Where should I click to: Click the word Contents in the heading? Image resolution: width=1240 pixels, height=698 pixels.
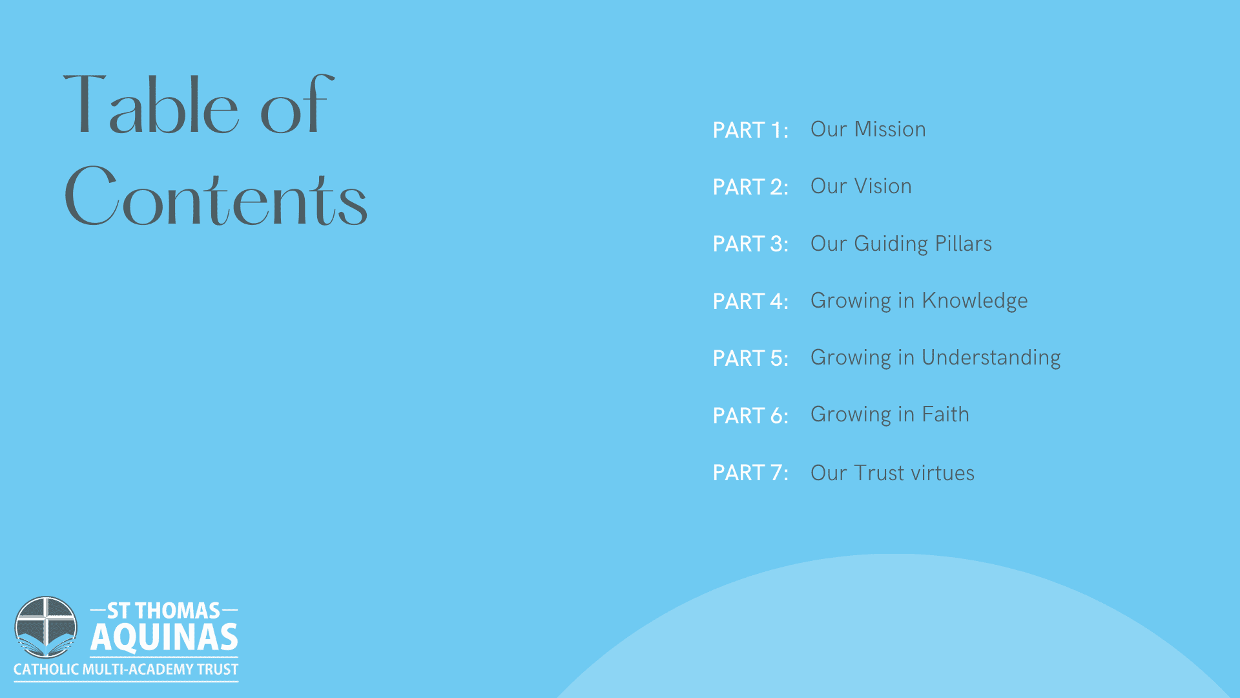click(216, 196)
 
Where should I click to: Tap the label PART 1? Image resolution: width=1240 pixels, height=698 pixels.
click(750, 130)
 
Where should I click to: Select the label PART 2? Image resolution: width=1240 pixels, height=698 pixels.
click(750, 187)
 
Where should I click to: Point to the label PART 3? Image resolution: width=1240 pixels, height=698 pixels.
click(750, 244)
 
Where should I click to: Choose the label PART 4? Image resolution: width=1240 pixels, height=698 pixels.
click(750, 301)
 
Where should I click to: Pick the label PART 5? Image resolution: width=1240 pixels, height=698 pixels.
click(750, 358)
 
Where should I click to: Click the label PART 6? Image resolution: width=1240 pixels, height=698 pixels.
click(750, 416)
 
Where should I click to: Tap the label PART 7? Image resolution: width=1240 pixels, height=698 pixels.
click(750, 472)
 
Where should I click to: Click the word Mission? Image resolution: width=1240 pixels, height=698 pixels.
click(890, 129)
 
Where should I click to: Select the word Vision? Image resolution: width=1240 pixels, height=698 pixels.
click(883, 186)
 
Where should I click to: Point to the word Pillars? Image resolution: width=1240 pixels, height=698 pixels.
click(964, 244)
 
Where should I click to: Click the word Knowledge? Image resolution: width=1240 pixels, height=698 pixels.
click(975, 301)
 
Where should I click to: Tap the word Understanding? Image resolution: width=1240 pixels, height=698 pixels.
click(991, 358)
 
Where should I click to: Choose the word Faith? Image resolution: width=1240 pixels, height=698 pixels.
click(945, 414)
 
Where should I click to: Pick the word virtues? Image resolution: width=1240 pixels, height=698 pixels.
click(942, 473)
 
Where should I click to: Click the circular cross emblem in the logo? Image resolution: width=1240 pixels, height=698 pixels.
click(46, 628)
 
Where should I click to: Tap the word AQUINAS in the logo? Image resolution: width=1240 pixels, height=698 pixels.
click(164, 637)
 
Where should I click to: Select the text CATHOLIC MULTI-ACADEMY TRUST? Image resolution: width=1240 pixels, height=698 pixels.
click(126, 670)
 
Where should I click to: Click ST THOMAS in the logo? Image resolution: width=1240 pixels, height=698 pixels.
click(163, 611)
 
